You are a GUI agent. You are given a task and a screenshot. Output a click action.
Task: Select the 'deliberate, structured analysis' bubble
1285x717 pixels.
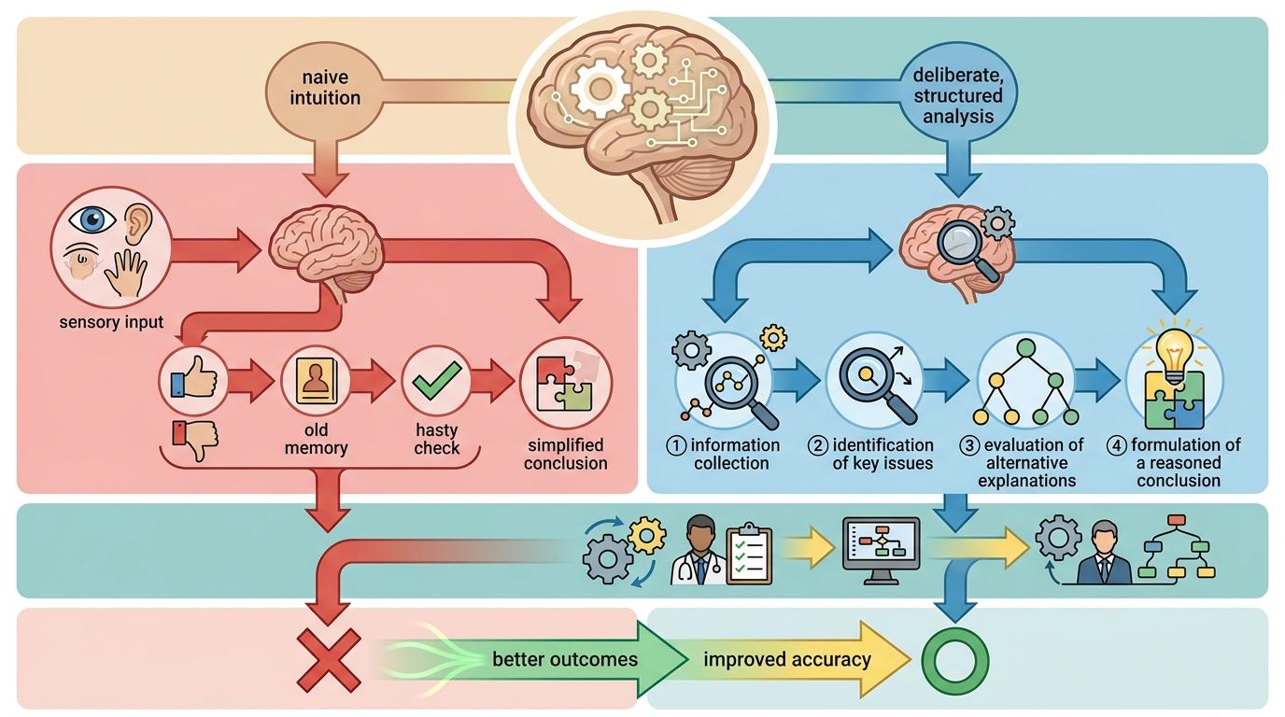tap(957, 93)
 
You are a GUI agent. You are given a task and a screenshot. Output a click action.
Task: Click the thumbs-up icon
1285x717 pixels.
tap(194, 380)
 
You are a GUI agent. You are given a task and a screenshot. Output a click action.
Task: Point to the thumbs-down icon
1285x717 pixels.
tap(194, 438)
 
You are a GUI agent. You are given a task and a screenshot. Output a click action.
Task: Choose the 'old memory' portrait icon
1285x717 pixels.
tap(316, 384)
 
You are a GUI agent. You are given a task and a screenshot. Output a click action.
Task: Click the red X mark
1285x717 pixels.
tap(328, 659)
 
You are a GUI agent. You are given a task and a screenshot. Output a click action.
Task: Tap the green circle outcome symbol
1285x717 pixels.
tap(954, 659)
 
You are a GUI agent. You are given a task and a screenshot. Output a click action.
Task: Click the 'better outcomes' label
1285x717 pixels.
tap(565, 659)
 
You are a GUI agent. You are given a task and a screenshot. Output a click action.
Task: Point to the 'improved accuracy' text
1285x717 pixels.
tap(786, 659)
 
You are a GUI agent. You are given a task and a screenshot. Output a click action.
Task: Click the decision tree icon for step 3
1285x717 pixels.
tap(1025, 383)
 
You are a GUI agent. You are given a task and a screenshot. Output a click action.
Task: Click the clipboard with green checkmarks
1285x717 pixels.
tap(749, 555)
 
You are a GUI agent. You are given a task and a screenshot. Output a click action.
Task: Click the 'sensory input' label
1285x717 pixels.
tap(111, 323)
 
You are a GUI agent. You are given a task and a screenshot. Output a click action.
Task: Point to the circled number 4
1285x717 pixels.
tap(1115, 445)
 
